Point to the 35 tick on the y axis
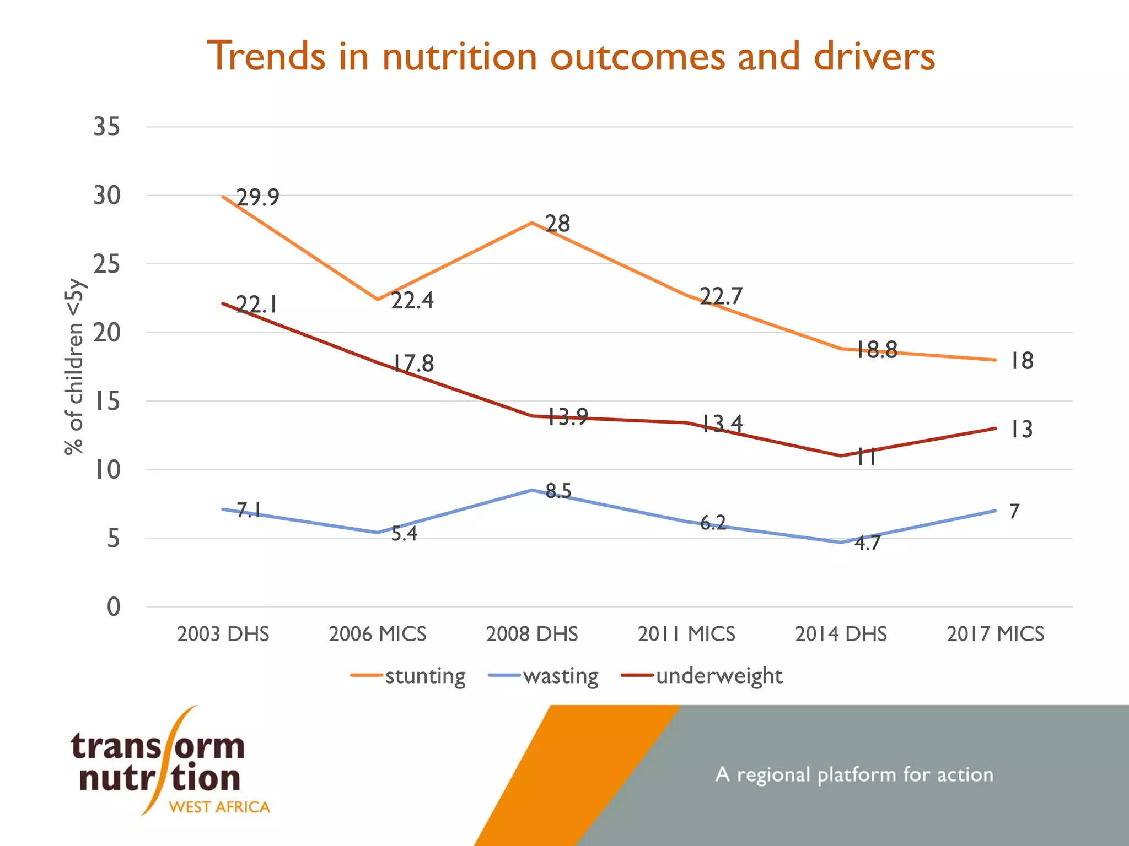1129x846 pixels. pos(107,127)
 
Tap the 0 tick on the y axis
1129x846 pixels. pos(114,607)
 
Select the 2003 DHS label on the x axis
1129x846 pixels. pos(223,634)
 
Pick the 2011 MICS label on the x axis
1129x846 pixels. pos(686,634)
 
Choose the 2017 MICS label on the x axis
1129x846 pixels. pos(996,634)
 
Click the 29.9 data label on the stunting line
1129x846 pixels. pos(258,197)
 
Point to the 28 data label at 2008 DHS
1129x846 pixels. pos(558,224)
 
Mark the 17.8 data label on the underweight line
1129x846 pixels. pos(413,364)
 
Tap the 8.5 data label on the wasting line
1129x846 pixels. pos(558,491)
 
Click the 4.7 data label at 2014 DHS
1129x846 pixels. pos(867,544)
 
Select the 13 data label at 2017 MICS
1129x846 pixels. pos(1021,430)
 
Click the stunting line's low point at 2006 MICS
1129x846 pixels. pos(378,300)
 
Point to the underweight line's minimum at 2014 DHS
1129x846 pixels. pos(841,455)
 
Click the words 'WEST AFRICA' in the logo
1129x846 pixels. pos(219,807)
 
